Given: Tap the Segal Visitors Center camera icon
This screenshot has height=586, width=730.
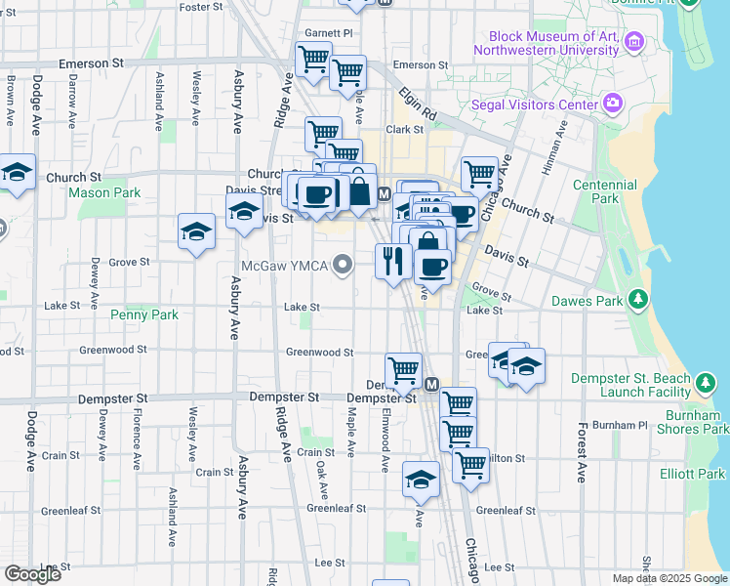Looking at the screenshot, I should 613,103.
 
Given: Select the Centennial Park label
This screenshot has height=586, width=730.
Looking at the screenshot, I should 596,191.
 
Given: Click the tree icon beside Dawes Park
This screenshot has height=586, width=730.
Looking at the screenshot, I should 637,298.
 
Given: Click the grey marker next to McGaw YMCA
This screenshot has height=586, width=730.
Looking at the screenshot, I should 342,265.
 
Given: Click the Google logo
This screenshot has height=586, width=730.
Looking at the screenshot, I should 32,573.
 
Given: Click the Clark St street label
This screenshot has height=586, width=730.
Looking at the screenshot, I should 403,129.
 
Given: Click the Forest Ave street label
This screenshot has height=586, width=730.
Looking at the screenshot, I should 581,451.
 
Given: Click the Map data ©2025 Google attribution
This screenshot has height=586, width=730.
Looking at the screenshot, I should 669,578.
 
